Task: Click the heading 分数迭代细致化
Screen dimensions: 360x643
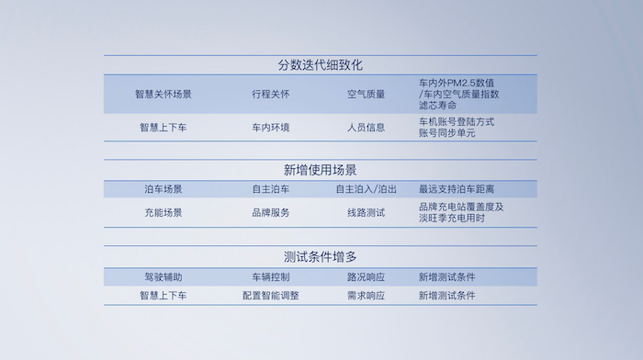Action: [x=320, y=65]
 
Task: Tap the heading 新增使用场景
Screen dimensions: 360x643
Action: [x=320, y=170]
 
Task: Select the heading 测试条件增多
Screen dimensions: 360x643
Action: [x=320, y=256]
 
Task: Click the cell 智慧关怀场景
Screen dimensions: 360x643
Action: [x=163, y=94]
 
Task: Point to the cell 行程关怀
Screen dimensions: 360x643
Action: [x=270, y=94]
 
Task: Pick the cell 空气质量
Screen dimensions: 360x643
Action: [x=366, y=94]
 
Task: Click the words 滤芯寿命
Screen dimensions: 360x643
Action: [x=437, y=106]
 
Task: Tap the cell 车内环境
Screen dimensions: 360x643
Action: [x=270, y=128]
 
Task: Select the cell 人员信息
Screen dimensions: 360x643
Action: [x=366, y=128]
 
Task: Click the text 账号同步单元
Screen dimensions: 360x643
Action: [x=446, y=133]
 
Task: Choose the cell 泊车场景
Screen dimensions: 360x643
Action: [x=163, y=189]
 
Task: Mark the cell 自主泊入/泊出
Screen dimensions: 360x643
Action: [x=366, y=189]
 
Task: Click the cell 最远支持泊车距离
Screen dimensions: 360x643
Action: [x=463, y=189]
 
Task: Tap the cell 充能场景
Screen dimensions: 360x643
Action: [x=163, y=212]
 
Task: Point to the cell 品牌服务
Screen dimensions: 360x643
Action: [x=270, y=212]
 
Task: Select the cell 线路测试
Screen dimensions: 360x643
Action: [x=366, y=212]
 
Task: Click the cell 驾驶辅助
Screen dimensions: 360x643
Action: [x=163, y=277]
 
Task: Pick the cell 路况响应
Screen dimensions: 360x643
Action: [x=366, y=277]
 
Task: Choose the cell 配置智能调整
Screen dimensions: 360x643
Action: [x=270, y=296]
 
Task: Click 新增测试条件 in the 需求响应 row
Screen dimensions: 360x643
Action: [x=446, y=296]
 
